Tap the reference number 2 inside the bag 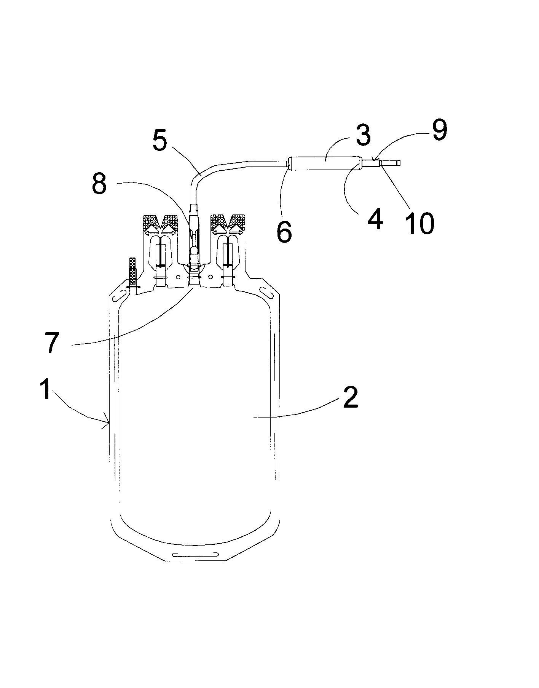pos(351,398)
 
